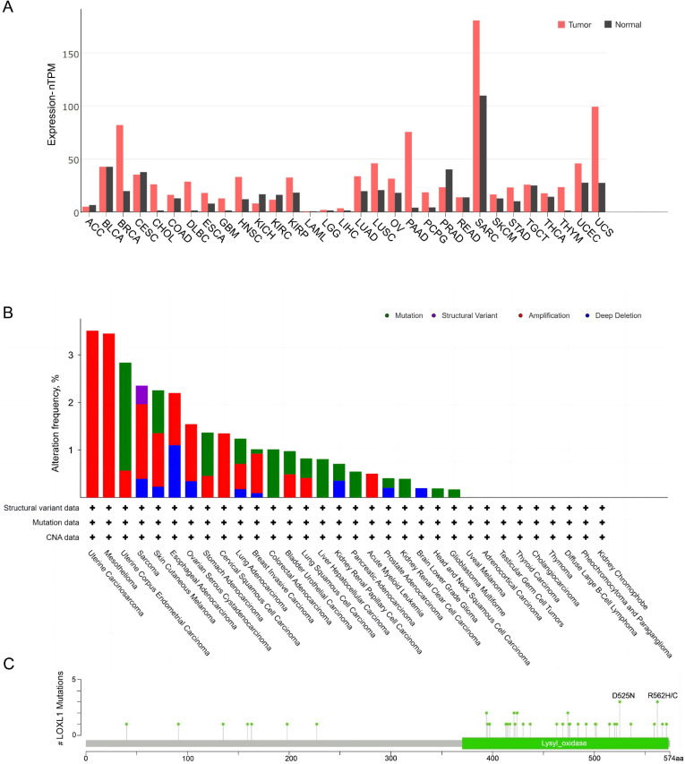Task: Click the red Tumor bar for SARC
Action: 476,116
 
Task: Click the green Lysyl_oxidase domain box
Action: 565,743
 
